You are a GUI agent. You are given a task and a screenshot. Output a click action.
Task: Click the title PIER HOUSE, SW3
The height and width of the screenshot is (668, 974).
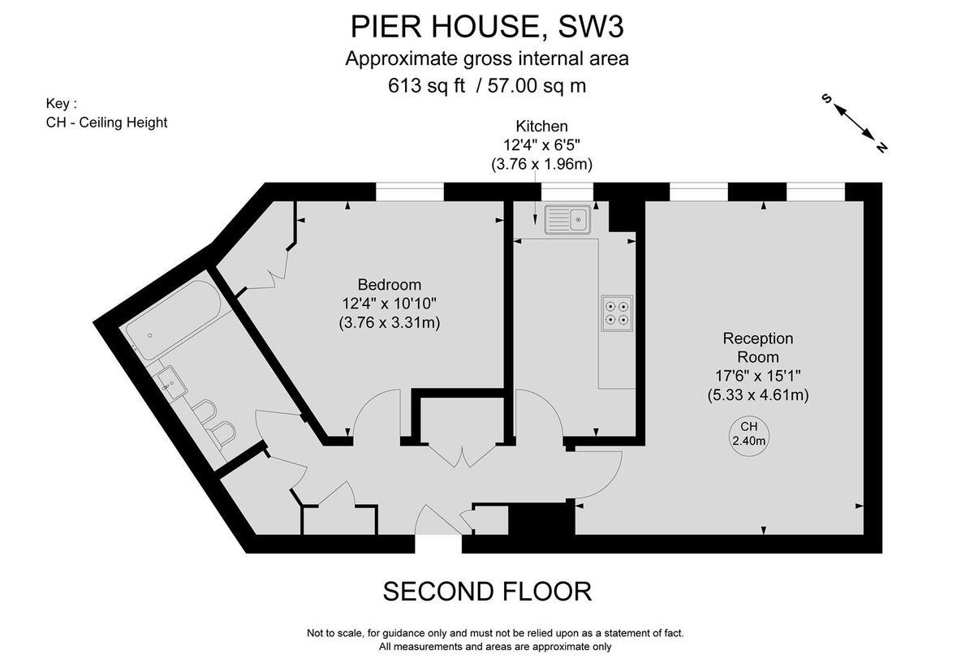(x=486, y=27)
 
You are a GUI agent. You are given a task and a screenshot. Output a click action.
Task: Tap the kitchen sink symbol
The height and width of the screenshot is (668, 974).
(x=568, y=219)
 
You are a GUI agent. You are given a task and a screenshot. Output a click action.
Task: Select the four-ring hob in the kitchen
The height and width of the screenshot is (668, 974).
(x=616, y=312)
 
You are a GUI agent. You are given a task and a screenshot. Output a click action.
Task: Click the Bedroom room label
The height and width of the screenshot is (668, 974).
(x=390, y=285)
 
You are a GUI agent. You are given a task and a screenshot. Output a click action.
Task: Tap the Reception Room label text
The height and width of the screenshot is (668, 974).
(x=757, y=347)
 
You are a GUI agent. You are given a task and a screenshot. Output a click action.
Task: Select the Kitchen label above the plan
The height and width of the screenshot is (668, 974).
(x=541, y=126)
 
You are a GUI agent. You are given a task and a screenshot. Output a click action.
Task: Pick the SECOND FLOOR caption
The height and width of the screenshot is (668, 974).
(x=487, y=591)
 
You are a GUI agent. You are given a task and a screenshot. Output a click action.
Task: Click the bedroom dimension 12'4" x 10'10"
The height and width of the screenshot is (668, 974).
(x=390, y=304)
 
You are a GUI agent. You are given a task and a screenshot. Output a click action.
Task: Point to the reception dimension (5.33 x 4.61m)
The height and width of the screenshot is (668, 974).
(x=757, y=395)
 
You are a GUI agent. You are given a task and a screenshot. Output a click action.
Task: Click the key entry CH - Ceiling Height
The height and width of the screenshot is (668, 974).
(x=107, y=123)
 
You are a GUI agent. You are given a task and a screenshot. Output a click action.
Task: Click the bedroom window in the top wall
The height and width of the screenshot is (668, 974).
(x=410, y=192)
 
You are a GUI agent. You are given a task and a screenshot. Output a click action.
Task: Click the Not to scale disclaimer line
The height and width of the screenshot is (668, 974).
(x=495, y=633)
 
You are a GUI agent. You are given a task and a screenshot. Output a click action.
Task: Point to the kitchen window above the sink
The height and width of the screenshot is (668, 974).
(x=567, y=192)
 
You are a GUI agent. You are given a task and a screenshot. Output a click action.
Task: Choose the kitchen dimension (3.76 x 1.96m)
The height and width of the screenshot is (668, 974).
(x=541, y=163)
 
